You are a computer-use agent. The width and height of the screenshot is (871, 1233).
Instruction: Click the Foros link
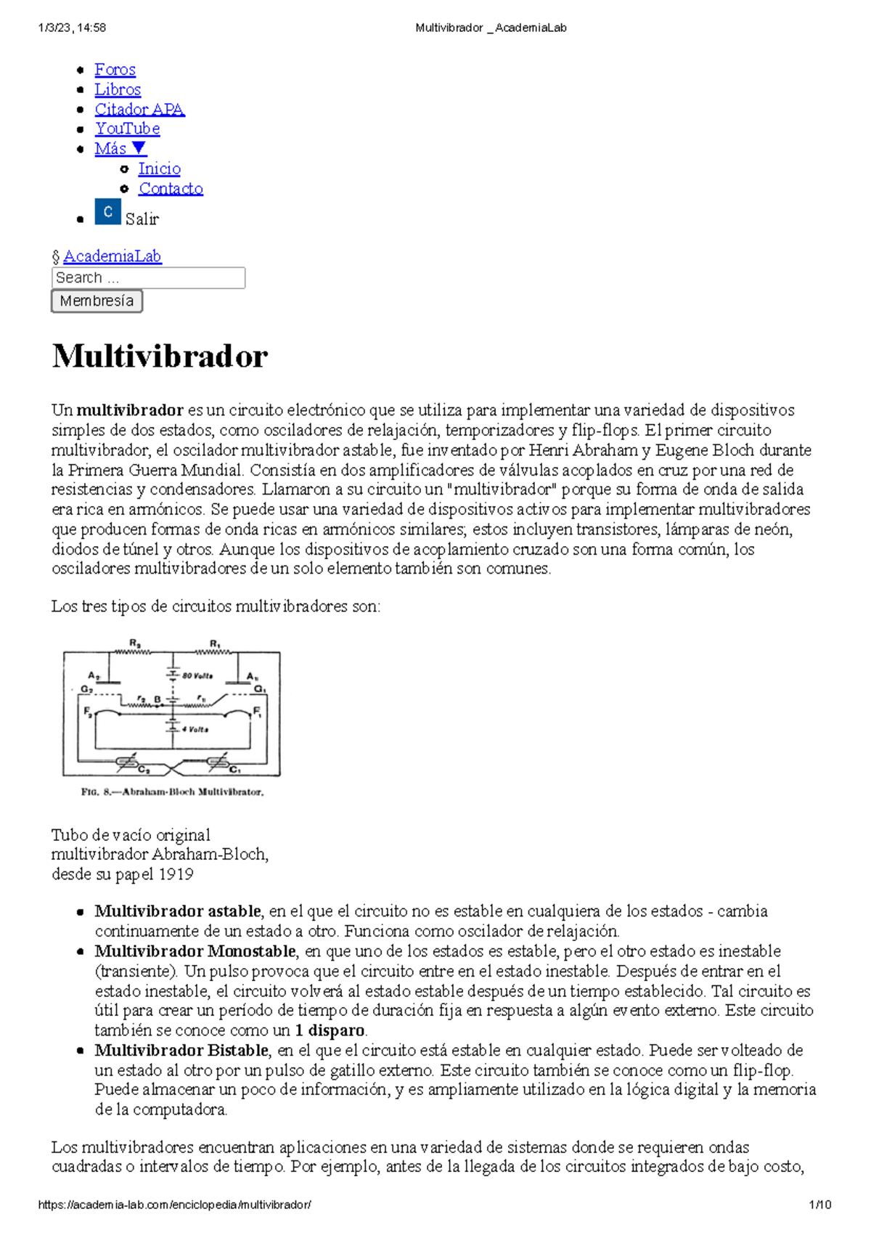115,70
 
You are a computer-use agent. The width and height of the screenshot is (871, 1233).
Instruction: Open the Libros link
118,89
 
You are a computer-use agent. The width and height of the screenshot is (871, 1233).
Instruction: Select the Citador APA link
139,109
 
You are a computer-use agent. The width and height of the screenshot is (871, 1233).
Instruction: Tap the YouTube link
128,129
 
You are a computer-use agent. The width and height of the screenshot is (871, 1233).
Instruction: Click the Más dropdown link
120,148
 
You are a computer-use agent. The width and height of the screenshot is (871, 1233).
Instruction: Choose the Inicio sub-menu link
159,168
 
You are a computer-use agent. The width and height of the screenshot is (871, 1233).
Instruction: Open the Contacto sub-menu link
171,188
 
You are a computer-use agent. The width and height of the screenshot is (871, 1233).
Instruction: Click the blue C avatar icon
107,212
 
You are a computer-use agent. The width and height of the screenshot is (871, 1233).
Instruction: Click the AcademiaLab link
112,256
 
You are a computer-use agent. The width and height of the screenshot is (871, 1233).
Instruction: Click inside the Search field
148,277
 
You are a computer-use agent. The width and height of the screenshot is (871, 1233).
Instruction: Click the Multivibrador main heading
160,356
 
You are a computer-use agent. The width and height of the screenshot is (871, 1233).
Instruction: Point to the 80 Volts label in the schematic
197,675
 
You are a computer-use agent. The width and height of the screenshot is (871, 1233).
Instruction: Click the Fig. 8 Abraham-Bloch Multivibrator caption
172,792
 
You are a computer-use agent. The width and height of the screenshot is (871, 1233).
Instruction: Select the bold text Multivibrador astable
177,911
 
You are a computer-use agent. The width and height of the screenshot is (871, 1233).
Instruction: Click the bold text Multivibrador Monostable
195,951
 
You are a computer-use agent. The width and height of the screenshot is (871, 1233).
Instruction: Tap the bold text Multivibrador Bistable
181,1050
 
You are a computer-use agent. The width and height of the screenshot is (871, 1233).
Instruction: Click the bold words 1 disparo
330,1030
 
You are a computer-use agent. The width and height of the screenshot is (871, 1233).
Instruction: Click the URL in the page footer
174,1204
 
